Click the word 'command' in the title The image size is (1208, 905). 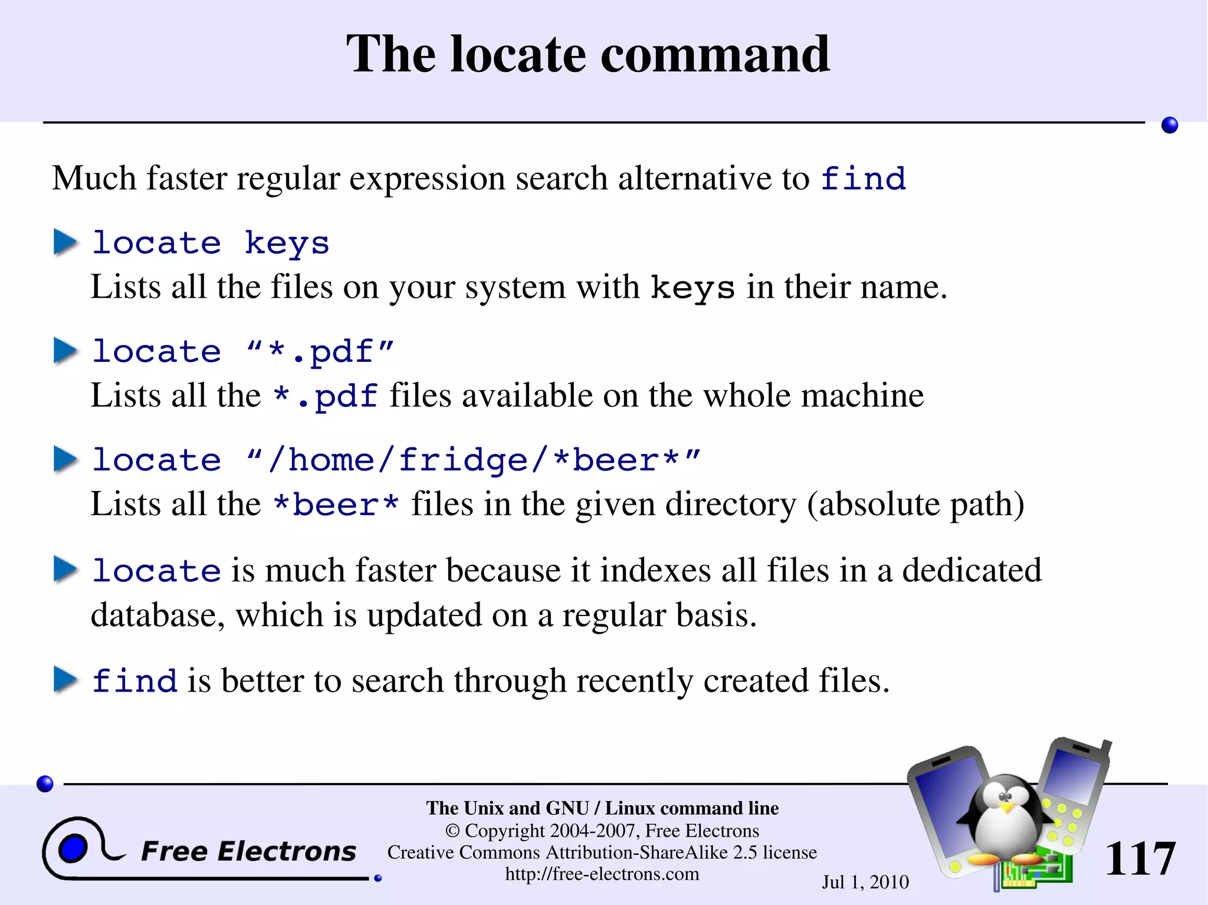pos(715,54)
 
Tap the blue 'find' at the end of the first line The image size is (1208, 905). pos(863,179)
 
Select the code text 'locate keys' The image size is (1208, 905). pos(211,243)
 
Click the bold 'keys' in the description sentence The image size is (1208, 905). pos(692,288)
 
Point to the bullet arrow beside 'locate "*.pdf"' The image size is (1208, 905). pos(65,351)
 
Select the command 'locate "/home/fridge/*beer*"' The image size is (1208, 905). pos(396,460)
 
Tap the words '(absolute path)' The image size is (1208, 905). pos(915,505)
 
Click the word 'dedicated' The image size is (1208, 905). pos(971,570)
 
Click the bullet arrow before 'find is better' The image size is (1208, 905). pos(65,680)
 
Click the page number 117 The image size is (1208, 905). pos(1140,859)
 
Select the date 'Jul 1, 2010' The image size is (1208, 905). pos(865,882)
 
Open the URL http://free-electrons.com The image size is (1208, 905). pos(602,874)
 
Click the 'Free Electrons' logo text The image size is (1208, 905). pos(248,851)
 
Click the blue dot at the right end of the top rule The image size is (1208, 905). pos(1169,125)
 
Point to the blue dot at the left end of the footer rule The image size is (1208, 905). pos(45,784)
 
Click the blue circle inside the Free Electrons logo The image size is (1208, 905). pos(73,849)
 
